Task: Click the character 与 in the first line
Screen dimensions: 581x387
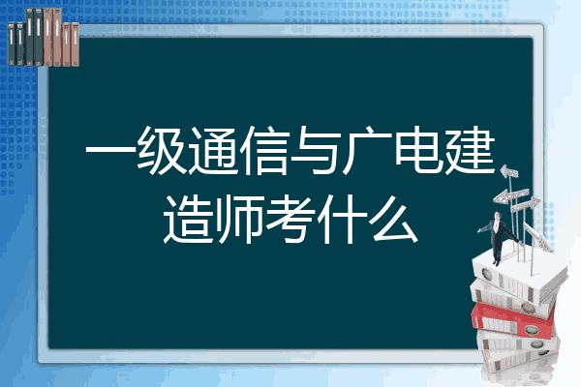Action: [x=316, y=151]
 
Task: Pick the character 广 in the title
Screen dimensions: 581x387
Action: [x=367, y=151]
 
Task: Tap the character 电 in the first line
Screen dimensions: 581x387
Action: [x=418, y=151]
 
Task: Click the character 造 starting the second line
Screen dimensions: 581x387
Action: [x=188, y=219]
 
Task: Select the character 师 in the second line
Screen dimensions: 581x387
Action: [x=239, y=219]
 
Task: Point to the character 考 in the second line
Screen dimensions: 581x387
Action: [x=290, y=219]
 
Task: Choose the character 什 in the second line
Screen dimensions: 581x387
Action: [x=342, y=219]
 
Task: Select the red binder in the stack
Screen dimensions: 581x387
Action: [x=513, y=319]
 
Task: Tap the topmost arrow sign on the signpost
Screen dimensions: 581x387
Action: [x=509, y=172]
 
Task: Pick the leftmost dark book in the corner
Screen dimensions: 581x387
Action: [x=12, y=44]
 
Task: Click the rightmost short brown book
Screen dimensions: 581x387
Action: [x=75, y=45]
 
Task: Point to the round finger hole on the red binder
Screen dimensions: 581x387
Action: [x=531, y=329]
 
